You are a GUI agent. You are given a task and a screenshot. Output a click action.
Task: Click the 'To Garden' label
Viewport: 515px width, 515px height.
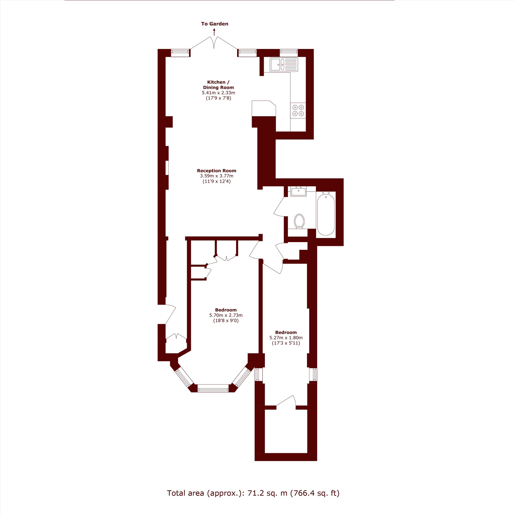point(214,24)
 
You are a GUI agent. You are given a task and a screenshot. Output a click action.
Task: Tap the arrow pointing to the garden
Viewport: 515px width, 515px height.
point(214,32)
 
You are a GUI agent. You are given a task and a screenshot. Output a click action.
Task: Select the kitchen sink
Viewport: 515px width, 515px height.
point(284,65)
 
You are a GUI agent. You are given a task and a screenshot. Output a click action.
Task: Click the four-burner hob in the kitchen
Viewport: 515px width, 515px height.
point(298,110)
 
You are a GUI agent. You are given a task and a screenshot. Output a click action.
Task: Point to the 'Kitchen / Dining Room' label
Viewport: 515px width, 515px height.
point(218,85)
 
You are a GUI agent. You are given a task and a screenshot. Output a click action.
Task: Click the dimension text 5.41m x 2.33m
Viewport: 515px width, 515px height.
point(218,93)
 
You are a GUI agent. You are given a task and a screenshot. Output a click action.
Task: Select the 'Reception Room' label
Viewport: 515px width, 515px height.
point(217,171)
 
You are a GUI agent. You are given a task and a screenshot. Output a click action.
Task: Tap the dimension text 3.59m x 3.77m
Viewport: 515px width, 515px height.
point(217,176)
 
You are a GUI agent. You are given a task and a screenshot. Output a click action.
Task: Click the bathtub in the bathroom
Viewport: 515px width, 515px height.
point(326,214)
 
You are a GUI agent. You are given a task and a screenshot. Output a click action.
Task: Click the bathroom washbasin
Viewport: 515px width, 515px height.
point(298,191)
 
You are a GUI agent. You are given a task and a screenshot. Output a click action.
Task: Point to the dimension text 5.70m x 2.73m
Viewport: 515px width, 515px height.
point(226,315)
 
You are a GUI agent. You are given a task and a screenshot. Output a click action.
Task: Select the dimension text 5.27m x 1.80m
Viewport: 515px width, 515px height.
point(286,338)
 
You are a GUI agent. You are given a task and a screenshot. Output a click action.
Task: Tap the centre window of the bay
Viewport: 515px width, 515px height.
point(213,388)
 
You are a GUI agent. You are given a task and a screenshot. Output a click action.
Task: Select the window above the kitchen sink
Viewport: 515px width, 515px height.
point(288,53)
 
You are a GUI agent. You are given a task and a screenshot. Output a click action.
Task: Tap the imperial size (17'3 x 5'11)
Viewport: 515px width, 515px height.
point(286,343)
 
